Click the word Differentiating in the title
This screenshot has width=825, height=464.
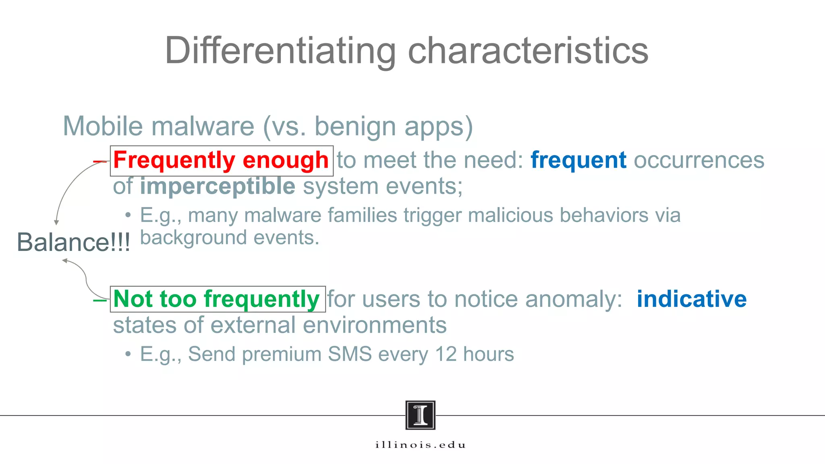(x=280, y=51)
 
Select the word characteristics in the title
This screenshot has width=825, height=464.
(x=528, y=51)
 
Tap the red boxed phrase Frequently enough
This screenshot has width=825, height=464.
(x=221, y=160)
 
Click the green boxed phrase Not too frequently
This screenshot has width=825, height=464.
(x=217, y=299)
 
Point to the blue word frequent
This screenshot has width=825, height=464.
(x=578, y=160)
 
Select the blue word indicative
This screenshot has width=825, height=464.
(x=691, y=299)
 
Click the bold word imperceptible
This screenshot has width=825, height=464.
(x=218, y=186)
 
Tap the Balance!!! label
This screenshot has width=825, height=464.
(x=73, y=242)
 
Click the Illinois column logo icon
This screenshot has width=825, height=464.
(x=420, y=415)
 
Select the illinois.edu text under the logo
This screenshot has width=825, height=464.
(x=420, y=445)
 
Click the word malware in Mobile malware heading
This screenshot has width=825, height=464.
(x=203, y=126)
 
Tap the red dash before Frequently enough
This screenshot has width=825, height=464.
(x=100, y=162)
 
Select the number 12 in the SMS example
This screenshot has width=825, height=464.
(x=446, y=354)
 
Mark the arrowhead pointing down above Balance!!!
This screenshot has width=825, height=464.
(x=56, y=222)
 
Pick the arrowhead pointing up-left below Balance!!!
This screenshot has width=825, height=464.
(x=64, y=261)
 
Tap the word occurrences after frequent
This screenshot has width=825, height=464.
(x=699, y=160)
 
